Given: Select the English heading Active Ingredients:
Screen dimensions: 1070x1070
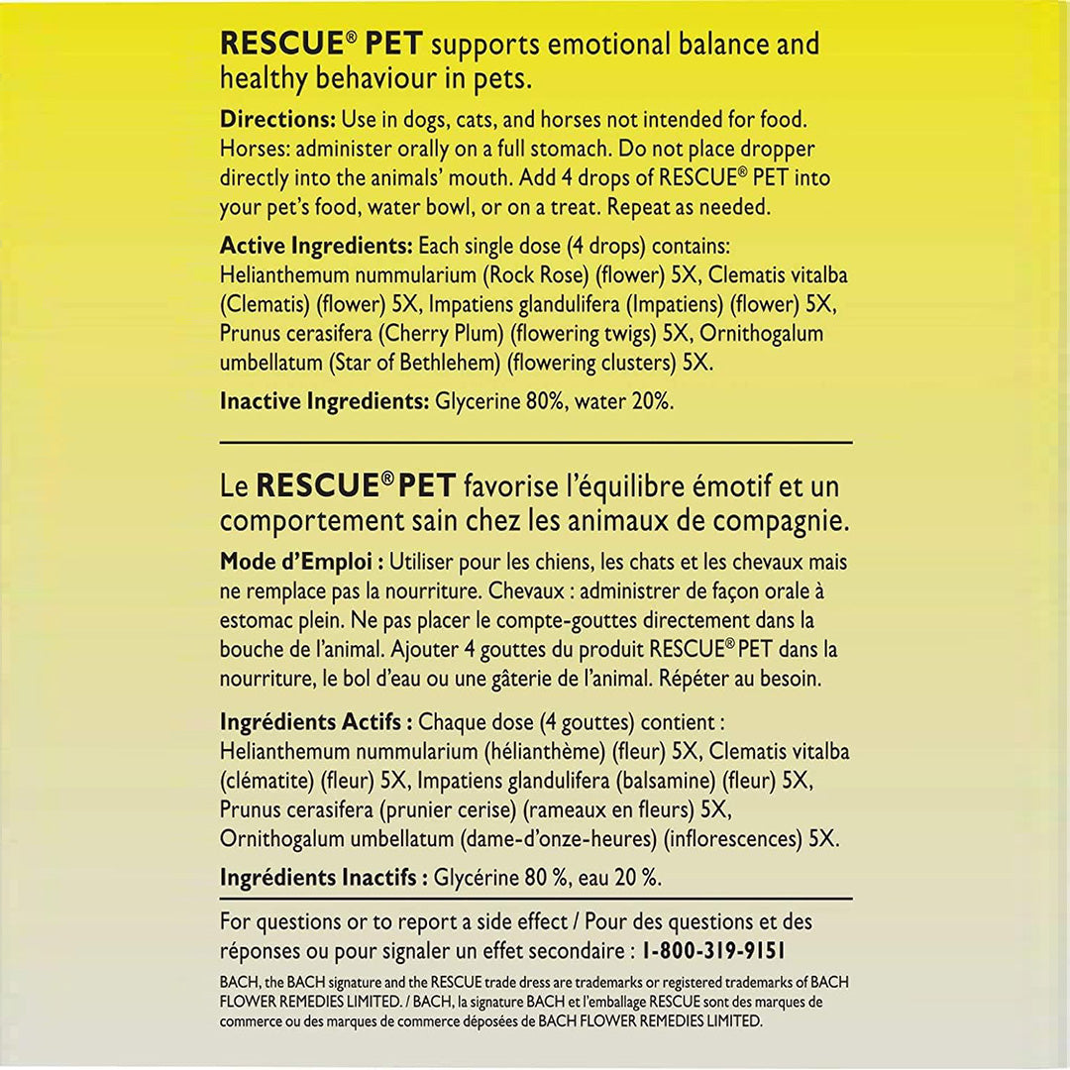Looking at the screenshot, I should [316, 245].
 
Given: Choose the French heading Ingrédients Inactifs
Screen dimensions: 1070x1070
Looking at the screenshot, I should [323, 878].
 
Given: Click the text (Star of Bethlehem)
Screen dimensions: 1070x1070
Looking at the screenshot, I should [415, 364].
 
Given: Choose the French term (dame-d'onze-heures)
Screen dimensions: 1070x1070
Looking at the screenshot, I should [559, 839].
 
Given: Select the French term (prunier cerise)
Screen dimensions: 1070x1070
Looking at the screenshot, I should [447, 809].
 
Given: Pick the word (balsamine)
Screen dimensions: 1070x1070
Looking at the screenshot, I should [664, 781].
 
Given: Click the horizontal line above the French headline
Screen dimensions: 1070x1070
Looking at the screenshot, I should [535, 442].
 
